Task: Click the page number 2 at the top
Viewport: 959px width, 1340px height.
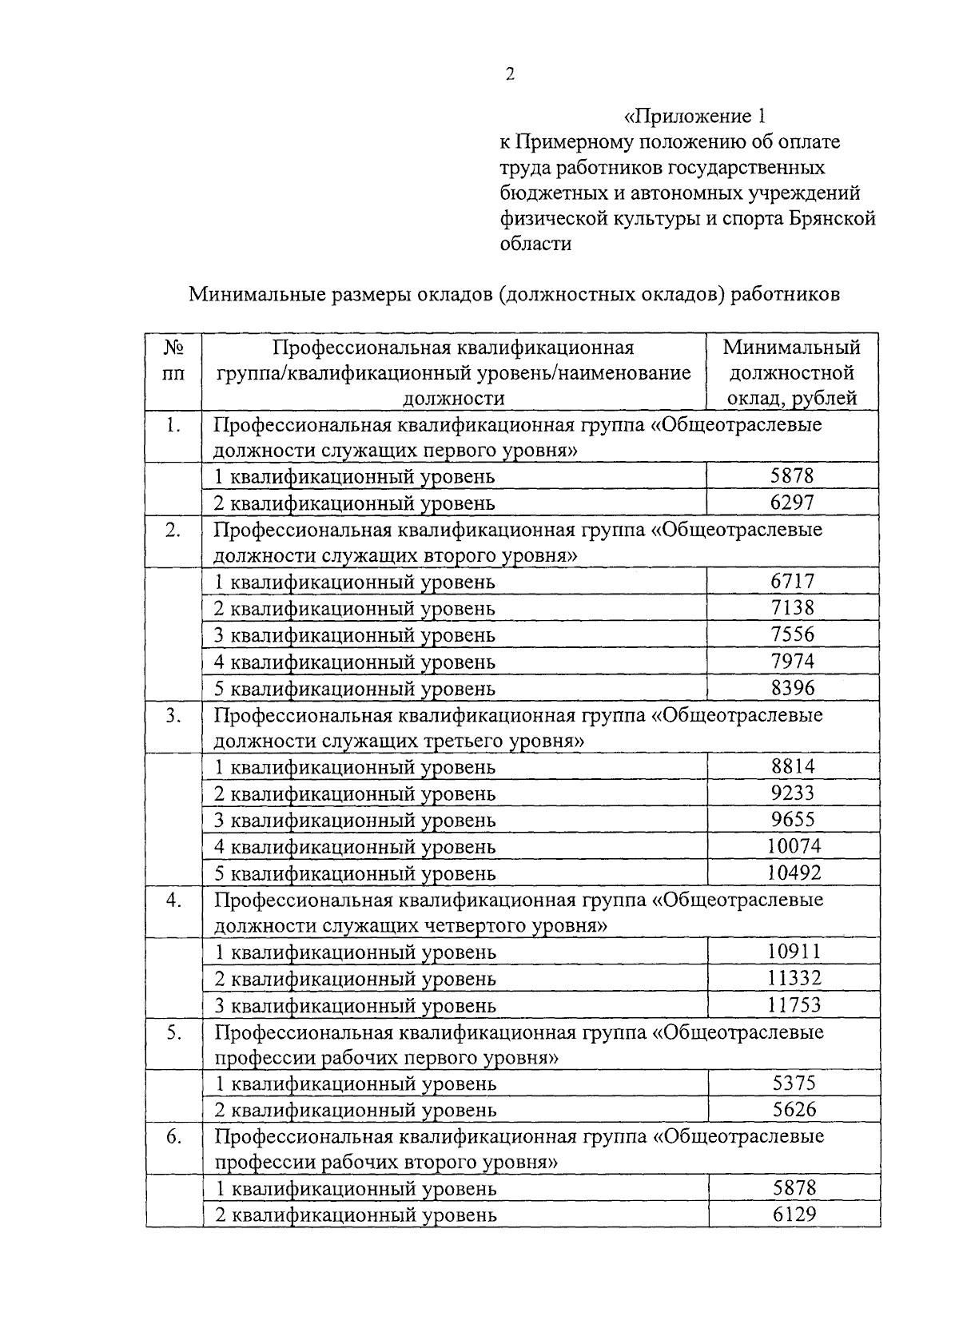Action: [510, 74]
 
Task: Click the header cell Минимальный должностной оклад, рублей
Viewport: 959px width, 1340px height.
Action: [792, 373]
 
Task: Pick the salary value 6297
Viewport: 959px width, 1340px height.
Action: [792, 503]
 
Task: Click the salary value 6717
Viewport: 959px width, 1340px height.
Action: [792, 582]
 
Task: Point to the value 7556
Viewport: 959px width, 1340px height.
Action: [792, 634]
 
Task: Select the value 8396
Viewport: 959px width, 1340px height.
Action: [792, 688]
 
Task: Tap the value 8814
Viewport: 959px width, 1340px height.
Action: [793, 767]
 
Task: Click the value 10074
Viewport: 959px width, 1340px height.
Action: [794, 846]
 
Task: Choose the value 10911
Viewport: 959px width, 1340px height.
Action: [794, 952]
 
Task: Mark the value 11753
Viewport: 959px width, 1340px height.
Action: [794, 1005]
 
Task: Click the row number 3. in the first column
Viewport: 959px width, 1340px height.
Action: [173, 716]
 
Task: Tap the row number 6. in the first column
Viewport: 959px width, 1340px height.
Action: [173, 1137]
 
